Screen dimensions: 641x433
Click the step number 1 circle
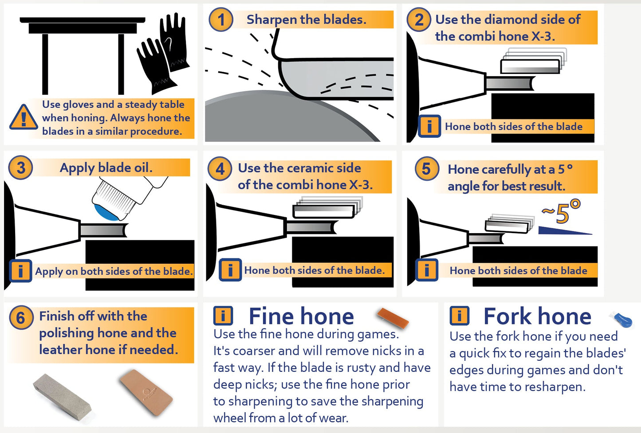(x=220, y=20)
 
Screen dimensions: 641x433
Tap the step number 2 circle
(x=419, y=20)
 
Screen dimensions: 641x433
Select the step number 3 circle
(x=20, y=168)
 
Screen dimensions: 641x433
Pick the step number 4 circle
(x=220, y=168)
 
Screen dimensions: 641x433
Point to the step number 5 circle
(x=427, y=168)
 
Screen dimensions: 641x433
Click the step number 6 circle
(x=20, y=317)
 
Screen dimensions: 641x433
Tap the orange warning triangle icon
(x=24, y=117)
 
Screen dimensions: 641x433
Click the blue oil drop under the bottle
(x=106, y=212)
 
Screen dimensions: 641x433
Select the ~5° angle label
(x=561, y=211)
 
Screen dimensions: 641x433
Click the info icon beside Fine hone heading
(x=223, y=316)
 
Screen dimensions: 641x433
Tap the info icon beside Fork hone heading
(x=459, y=316)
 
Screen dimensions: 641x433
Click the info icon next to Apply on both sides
(x=20, y=271)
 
